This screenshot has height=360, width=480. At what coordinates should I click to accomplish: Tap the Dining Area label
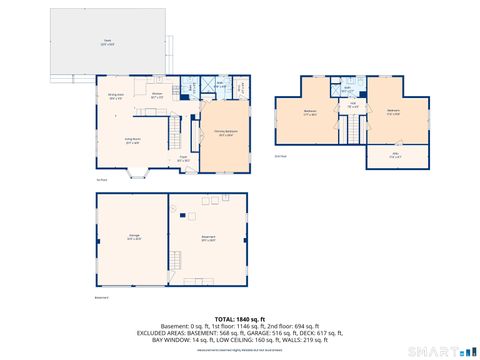coord(116,96)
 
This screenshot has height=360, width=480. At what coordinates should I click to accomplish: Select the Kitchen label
coord(157,96)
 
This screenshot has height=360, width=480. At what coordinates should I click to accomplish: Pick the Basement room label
coord(207,238)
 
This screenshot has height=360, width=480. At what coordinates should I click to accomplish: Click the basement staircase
coord(176,264)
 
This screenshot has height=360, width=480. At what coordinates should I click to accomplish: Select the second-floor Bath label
coord(346,88)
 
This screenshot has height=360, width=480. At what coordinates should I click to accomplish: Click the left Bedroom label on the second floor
coord(311,113)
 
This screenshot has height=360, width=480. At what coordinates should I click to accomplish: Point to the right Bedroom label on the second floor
coord(393,112)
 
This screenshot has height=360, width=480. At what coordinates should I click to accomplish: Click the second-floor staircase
coord(353,129)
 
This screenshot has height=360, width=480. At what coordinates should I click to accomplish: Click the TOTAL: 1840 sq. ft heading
coord(240,316)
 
